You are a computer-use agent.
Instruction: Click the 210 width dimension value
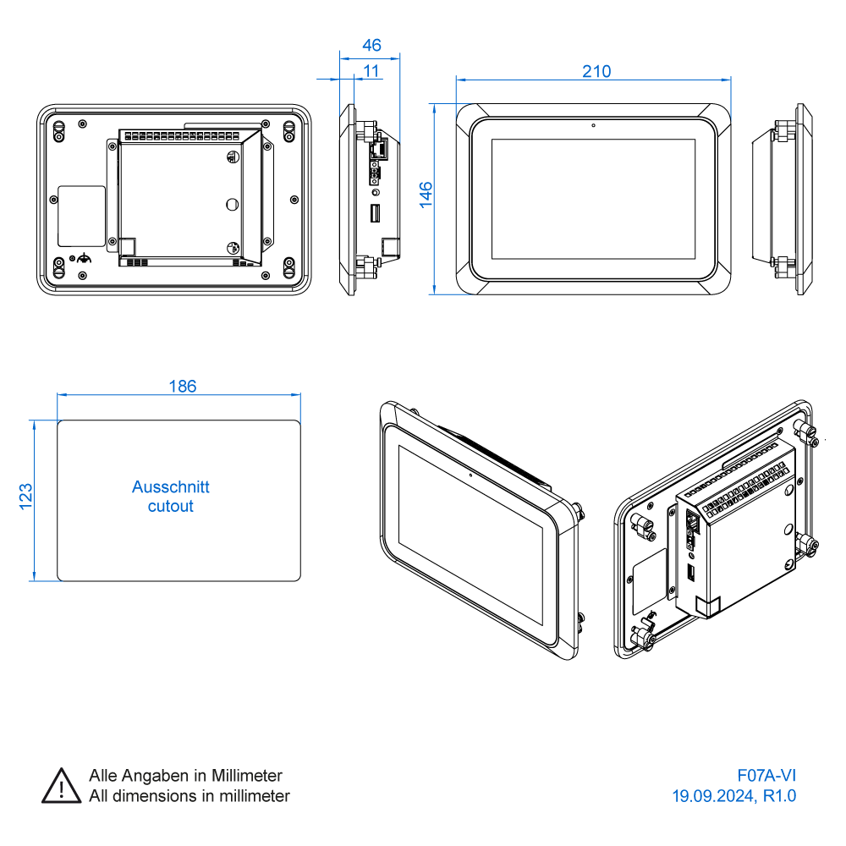(x=596, y=71)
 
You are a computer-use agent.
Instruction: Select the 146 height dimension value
(x=426, y=194)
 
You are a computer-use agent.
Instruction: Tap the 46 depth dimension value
(x=371, y=45)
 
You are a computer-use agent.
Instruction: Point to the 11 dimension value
(x=371, y=71)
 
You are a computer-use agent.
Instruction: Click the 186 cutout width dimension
(x=182, y=387)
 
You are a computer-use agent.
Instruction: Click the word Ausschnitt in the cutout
(x=170, y=487)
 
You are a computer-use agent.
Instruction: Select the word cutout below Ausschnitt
(x=170, y=507)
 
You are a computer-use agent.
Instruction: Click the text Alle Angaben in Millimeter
(x=185, y=776)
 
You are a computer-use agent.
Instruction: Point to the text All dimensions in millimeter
(x=189, y=796)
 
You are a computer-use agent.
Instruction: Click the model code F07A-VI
(x=766, y=776)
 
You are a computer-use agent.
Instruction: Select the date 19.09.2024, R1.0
(x=733, y=796)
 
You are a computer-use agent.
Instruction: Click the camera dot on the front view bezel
(x=594, y=126)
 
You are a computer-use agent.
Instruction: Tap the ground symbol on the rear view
(x=83, y=258)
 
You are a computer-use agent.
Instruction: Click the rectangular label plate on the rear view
(x=81, y=217)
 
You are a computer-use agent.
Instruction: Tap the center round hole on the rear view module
(x=233, y=204)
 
